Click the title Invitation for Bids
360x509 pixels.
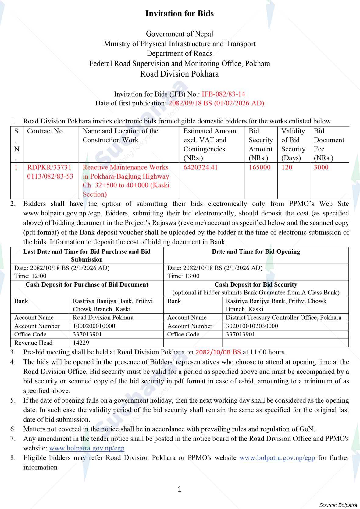point(180,13)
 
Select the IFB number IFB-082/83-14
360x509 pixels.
point(223,94)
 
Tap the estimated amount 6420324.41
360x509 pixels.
point(201,167)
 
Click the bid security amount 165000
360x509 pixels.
point(259,167)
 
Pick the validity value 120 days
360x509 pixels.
point(287,167)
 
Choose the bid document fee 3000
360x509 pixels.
point(321,167)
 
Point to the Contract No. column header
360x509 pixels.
point(46,131)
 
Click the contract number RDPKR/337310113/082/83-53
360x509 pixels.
point(50,172)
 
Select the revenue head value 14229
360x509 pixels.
point(81,343)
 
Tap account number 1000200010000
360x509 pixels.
point(94,326)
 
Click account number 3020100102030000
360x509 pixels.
point(252,326)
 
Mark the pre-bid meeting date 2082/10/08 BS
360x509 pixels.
point(218,352)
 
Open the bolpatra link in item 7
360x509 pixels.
point(87,448)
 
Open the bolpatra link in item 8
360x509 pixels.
point(277,458)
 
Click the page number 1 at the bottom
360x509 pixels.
point(180,489)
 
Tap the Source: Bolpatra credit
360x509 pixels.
point(338,505)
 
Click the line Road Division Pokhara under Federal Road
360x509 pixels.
point(180,74)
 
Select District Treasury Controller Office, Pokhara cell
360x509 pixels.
point(283,318)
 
